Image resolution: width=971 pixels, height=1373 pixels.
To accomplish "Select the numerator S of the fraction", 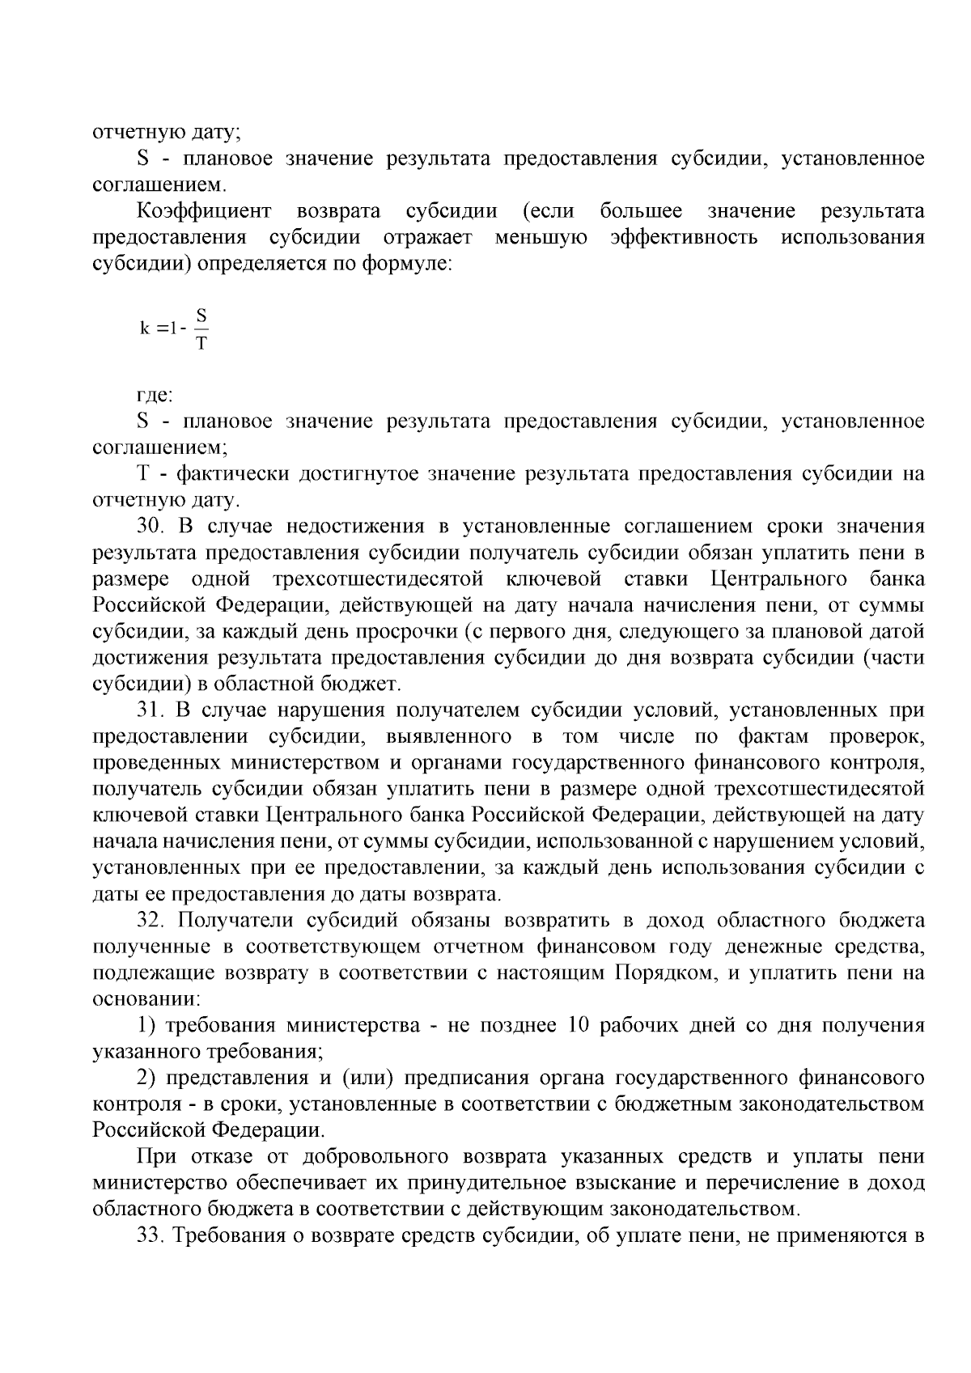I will click(201, 314).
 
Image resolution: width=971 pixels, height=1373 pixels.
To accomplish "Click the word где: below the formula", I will click(155, 396).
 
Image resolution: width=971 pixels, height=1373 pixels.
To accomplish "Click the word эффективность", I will click(685, 238).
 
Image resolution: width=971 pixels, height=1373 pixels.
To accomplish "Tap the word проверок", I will click(877, 737).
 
